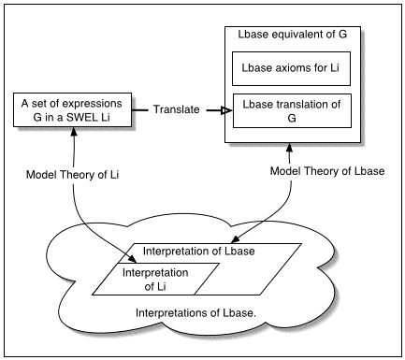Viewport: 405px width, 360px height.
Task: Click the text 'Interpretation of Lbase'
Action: point(199,252)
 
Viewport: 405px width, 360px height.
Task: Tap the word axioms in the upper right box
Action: point(281,69)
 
